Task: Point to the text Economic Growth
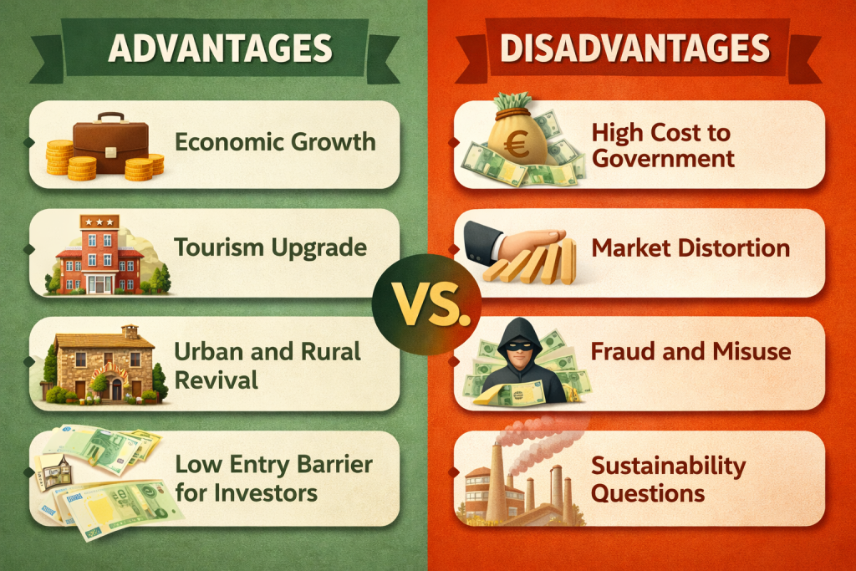coord(275,142)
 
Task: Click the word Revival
coord(217,380)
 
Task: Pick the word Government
coord(662,158)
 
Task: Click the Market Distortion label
coord(690,247)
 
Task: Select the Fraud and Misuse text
coord(690,350)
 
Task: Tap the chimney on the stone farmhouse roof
coord(130,331)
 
